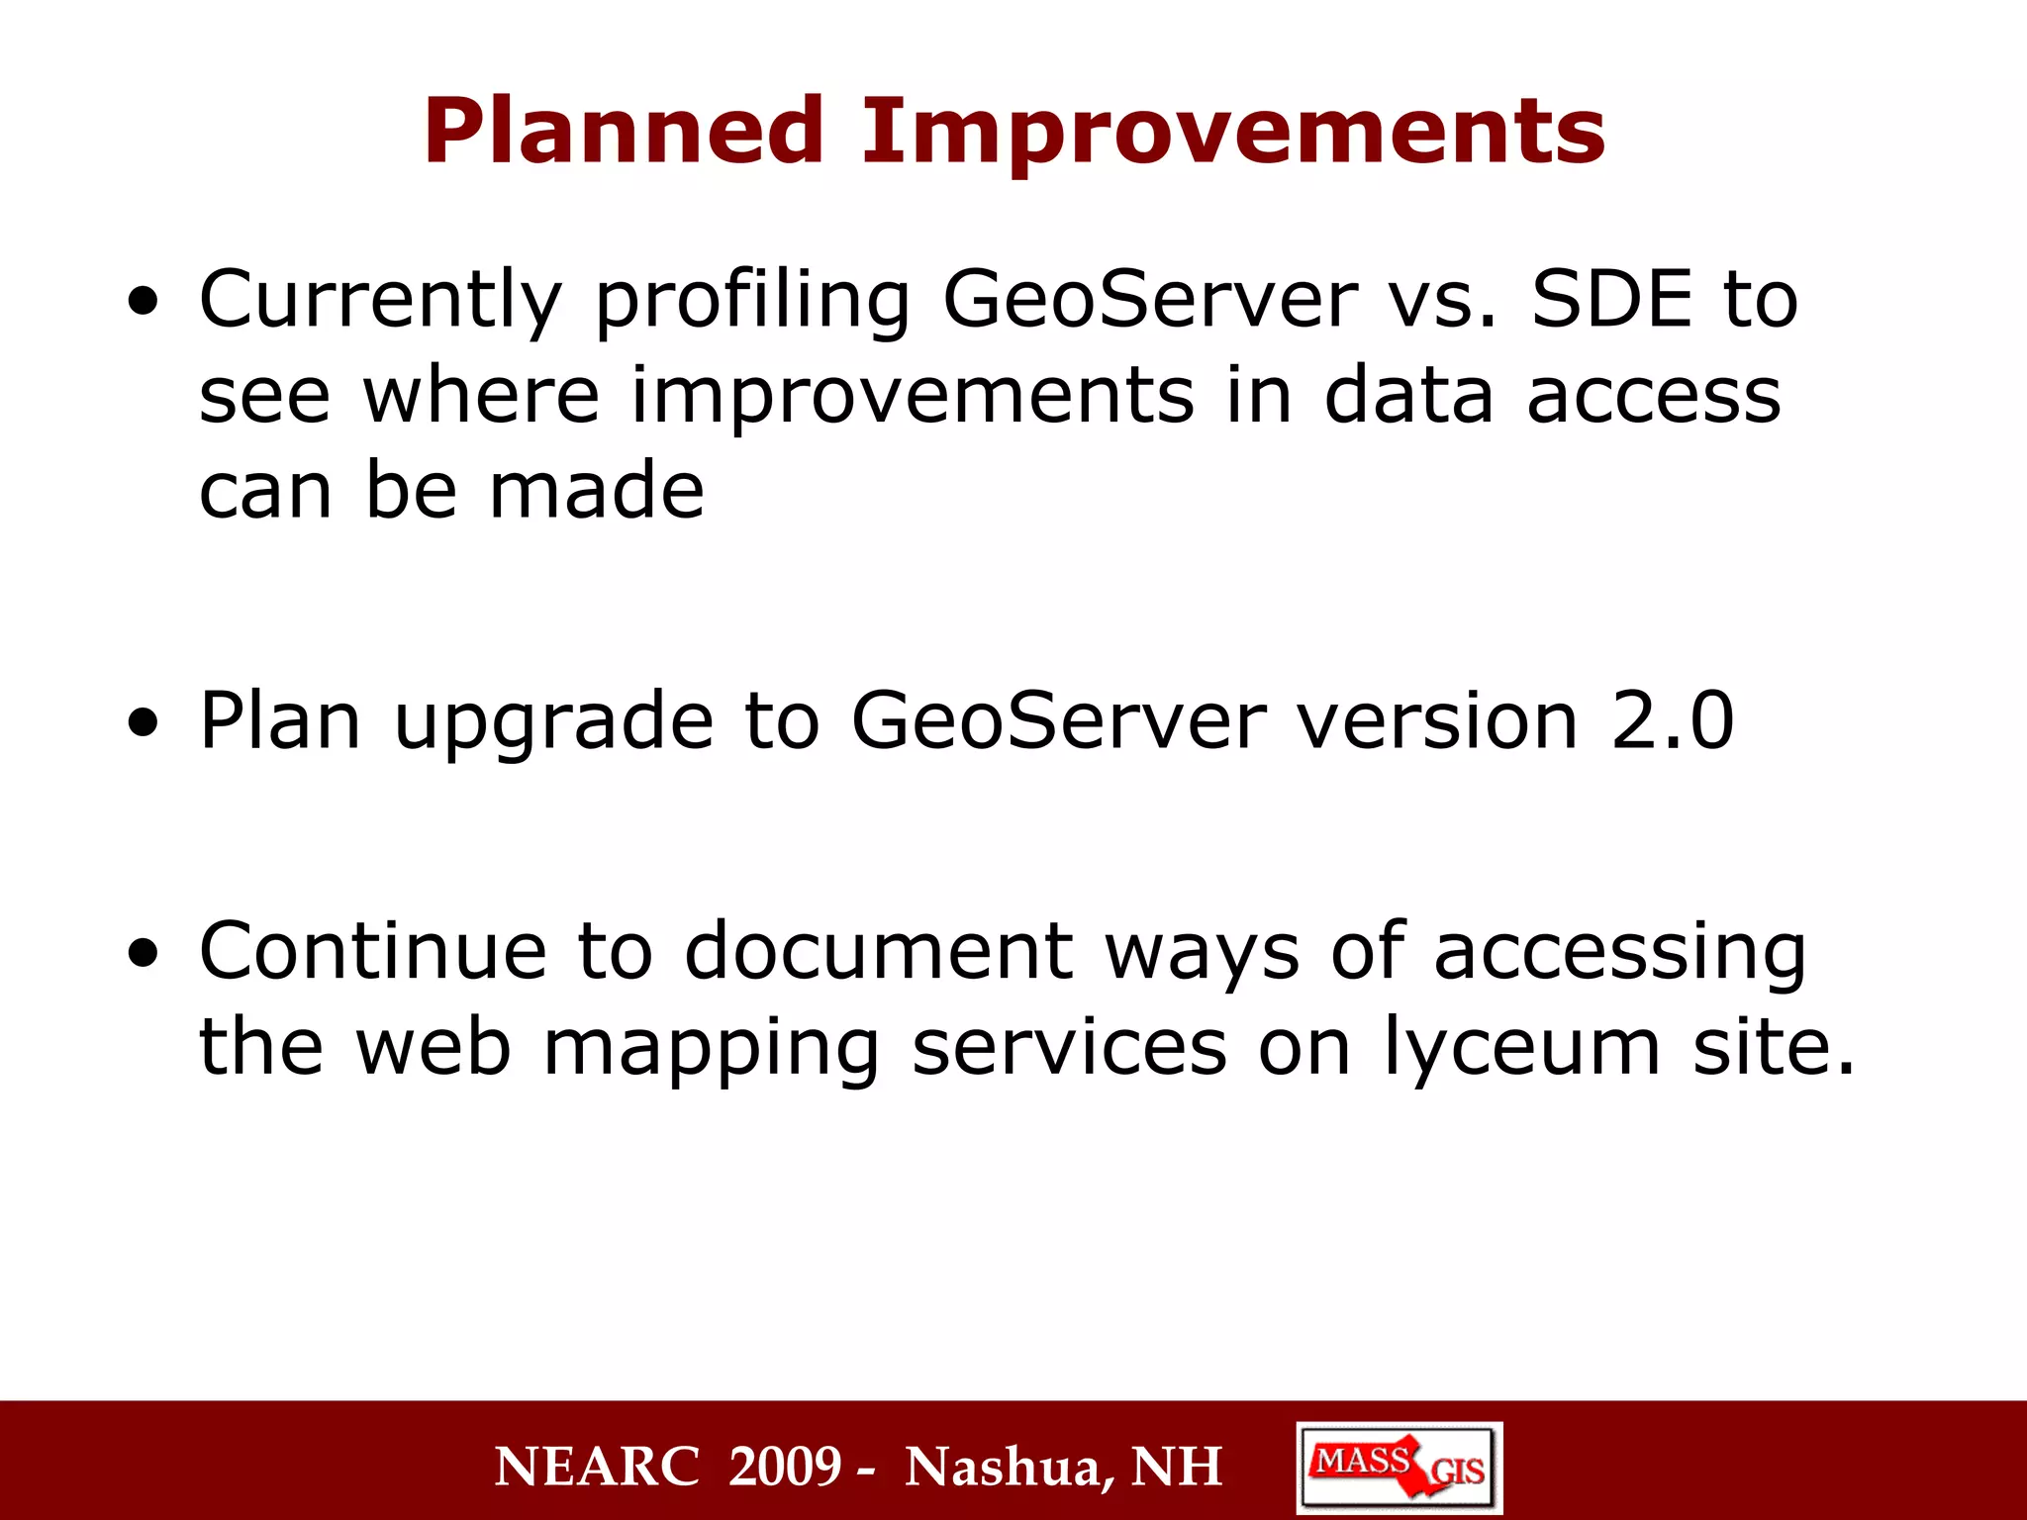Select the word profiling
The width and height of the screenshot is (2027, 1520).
752,301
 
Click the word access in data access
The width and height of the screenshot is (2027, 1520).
1654,396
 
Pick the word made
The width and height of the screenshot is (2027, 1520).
597,491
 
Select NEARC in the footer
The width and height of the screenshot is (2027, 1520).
597,1467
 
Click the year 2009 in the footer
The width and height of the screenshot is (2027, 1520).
785,1467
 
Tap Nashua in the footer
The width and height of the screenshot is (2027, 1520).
1010,1467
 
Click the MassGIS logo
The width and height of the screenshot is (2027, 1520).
1399,1467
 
